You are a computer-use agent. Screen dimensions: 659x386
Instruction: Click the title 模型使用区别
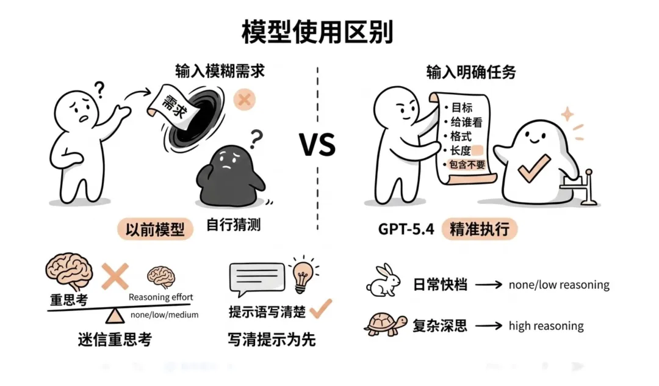[317, 31]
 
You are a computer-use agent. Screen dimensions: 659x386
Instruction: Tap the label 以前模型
[155, 230]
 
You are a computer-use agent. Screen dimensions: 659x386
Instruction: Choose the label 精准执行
[480, 230]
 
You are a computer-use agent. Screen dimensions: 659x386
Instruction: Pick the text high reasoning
[546, 326]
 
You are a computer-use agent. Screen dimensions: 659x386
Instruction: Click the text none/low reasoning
[559, 285]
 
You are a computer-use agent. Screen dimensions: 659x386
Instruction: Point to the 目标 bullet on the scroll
[461, 107]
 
